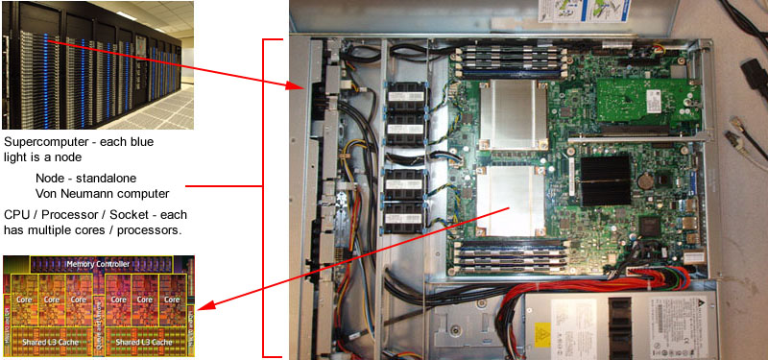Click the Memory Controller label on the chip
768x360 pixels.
coord(100,263)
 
